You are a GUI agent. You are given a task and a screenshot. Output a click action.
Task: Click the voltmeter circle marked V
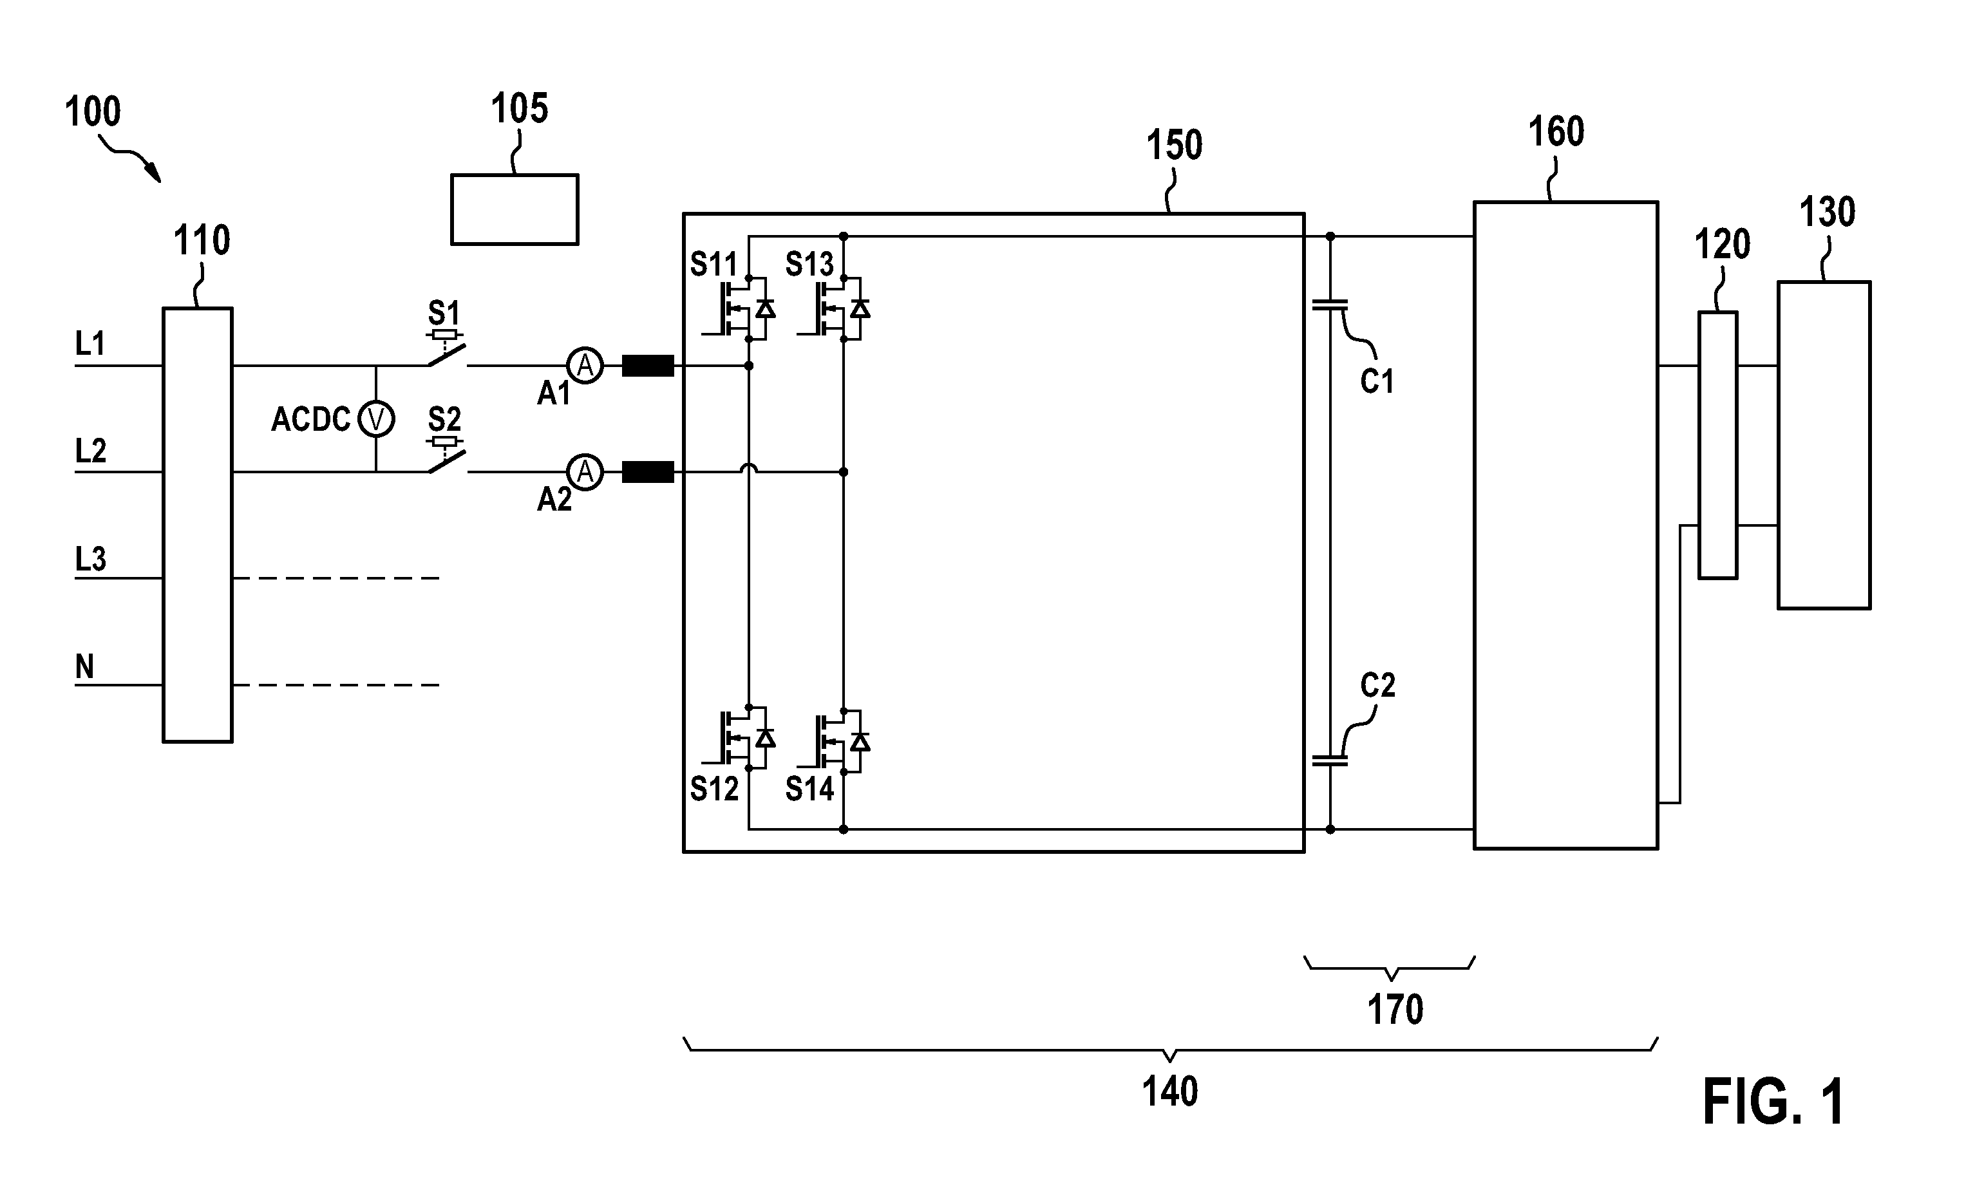click(376, 419)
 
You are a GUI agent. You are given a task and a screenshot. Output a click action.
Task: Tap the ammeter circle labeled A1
click(585, 366)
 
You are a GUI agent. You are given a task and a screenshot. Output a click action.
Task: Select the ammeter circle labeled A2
click(585, 472)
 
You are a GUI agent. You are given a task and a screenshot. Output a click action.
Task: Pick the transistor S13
click(833, 307)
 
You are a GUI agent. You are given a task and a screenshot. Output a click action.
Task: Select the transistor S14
click(833, 739)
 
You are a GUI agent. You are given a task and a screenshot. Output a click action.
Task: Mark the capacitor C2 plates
click(1330, 760)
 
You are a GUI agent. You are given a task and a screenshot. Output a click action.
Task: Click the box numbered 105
click(515, 209)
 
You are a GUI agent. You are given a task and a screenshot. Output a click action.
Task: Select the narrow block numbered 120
click(1717, 445)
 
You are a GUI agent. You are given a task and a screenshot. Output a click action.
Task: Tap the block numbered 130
click(1824, 445)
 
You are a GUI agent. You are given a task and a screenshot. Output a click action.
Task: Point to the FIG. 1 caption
click(1773, 1102)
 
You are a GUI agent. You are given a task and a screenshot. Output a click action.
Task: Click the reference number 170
click(1395, 1010)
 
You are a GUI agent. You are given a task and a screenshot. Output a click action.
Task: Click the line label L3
click(91, 560)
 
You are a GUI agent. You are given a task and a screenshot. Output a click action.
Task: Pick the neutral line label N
click(84, 666)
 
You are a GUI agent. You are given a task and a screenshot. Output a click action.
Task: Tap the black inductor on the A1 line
click(647, 366)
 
